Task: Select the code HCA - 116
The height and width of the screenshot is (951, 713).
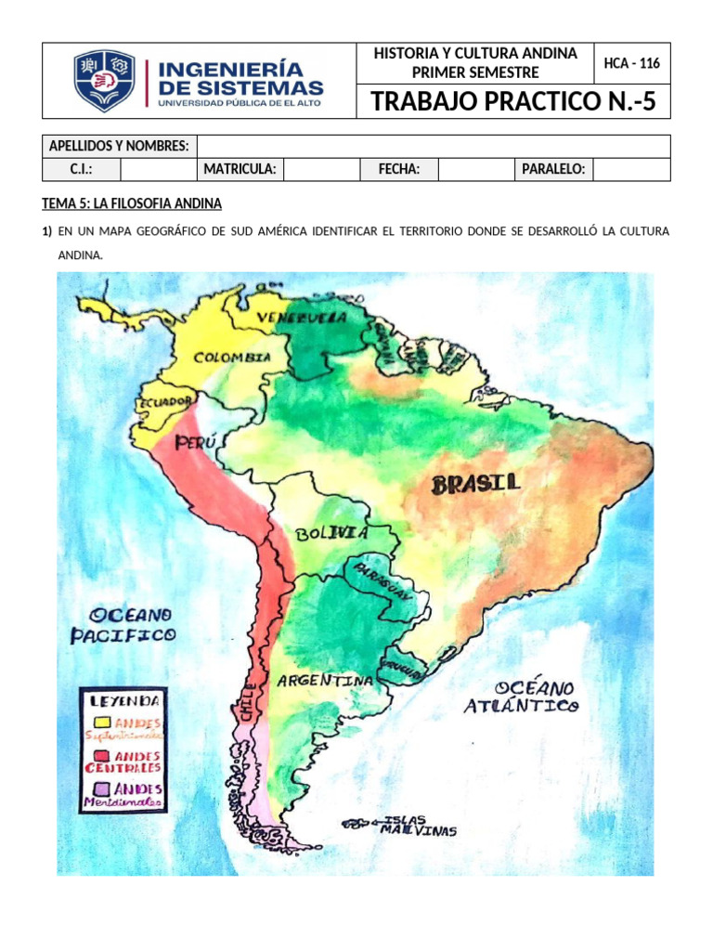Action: pyautogui.click(x=631, y=63)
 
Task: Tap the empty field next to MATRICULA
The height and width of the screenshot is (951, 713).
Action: pyautogui.click(x=321, y=169)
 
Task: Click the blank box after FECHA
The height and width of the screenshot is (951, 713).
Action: pyautogui.click(x=475, y=169)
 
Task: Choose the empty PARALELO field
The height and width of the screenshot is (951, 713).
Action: pyautogui.click(x=630, y=169)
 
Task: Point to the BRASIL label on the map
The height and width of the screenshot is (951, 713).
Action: pyautogui.click(x=476, y=483)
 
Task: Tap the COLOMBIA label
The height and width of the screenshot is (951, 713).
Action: pyautogui.click(x=232, y=358)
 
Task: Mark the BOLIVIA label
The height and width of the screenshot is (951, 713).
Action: pyautogui.click(x=331, y=533)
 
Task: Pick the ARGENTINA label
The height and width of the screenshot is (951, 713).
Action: pyautogui.click(x=325, y=681)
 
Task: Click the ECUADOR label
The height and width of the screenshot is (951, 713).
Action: pyautogui.click(x=165, y=402)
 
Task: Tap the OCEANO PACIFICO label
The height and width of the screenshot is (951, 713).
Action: pyautogui.click(x=123, y=625)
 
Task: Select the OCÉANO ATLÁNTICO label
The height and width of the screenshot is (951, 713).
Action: pyautogui.click(x=522, y=697)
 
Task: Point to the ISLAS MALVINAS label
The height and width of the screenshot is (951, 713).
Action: pyautogui.click(x=418, y=826)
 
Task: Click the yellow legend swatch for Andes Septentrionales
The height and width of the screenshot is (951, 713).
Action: pyautogui.click(x=102, y=722)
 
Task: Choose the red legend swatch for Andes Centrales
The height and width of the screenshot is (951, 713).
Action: pyautogui.click(x=102, y=756)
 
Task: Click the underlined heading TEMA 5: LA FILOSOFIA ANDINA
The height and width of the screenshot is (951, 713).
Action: pyautogui.click(x=132, y=203)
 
